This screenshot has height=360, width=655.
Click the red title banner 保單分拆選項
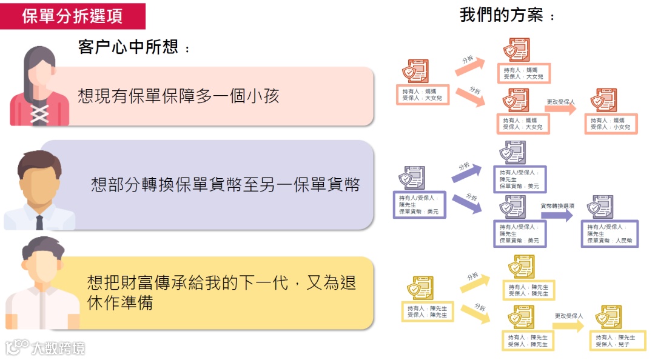tap(73, 16)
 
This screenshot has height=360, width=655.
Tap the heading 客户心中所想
tap(133, 47)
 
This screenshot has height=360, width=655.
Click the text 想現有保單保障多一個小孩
tap(178, 96)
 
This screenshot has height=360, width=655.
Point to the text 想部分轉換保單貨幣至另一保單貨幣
tap(225, 184)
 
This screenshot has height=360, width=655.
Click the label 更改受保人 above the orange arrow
tap(560, 102)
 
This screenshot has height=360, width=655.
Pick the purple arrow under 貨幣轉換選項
tap(557, 216)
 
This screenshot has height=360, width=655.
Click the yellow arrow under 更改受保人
tap(568, 325)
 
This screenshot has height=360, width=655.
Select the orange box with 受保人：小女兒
tap(611, 124)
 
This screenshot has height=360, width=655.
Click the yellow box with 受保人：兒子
tap(613, 341)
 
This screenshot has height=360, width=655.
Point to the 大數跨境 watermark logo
tap(45, 347)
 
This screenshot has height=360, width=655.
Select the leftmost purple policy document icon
tap(412, 178)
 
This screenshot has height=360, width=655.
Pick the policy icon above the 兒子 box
tap(610, 317)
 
